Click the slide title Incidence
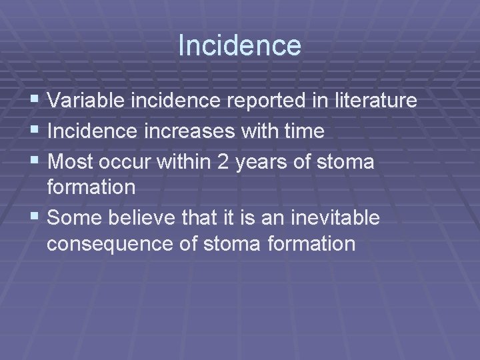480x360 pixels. click(x=239, y=46)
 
